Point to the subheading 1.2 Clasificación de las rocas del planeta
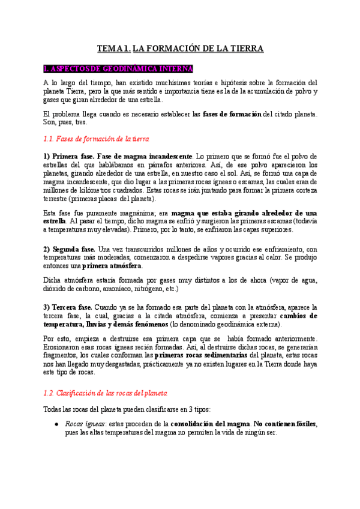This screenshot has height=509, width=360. (x=106, y=393)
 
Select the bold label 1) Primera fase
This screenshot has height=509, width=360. (x=68, y=156)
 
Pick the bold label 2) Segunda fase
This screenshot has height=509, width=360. (x=69, y=249)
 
